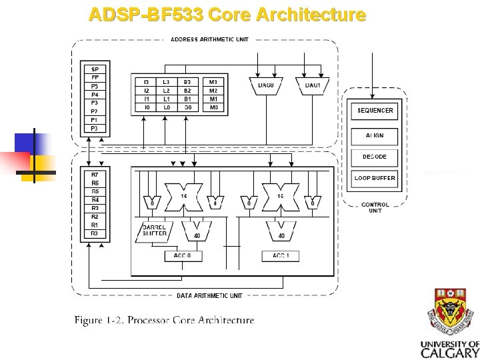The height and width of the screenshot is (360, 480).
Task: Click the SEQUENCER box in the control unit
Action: tap(375, 110)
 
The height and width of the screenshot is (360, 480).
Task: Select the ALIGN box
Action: tap(375, 135)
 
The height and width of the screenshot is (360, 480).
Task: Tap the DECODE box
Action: tap(375, 157)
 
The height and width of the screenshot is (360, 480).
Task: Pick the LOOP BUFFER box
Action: tap(375, 178)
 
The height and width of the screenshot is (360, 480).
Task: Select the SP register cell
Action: tap(95, 69)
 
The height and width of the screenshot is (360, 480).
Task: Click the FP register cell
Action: tap(95, 77)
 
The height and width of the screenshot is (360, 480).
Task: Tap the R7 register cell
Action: tap(95, 175)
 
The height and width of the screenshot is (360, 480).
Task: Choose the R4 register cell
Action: tap(95, 200)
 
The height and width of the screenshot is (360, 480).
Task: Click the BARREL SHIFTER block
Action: tap(155, 231)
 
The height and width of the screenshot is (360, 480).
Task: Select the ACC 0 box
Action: tap(183, 256)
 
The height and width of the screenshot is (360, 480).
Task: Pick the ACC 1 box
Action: tap(281, 256)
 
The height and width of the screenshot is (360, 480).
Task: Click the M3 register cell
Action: tap(213, 82)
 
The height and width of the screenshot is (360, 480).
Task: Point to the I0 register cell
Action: tap(146, 107)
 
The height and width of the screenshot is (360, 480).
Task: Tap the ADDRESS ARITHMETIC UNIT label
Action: tap(209, 39)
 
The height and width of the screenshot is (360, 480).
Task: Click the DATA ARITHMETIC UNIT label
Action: tap(209, 295)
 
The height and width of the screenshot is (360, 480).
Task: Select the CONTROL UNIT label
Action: tap(375, 207)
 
